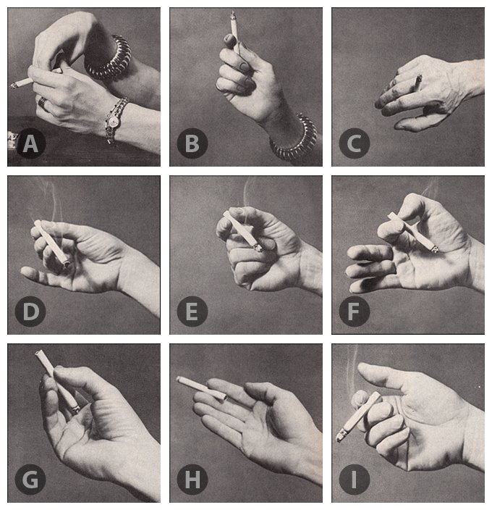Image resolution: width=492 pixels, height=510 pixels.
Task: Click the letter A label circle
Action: (30, 143)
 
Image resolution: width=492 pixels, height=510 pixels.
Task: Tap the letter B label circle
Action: (192, 143)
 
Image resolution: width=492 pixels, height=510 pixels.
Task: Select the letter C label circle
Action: (355, 143)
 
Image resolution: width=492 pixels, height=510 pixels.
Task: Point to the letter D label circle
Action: (30, 312)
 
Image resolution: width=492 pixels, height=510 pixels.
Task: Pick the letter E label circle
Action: (192, 312)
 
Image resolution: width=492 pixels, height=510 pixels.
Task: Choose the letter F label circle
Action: (355, 312)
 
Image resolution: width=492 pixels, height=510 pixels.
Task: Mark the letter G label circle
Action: (30, 480)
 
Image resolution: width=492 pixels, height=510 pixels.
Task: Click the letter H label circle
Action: (192, 480)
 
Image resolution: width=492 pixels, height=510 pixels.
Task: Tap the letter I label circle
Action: (355, 480)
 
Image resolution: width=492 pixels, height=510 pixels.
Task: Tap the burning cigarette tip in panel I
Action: (341, 435)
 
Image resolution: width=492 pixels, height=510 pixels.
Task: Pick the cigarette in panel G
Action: (57, 382)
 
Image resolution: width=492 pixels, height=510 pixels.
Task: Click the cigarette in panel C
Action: (417, 83)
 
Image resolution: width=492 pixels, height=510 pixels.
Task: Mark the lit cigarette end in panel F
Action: (435, 249)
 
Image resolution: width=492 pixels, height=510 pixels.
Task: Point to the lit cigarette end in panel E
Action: (258, 248)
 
